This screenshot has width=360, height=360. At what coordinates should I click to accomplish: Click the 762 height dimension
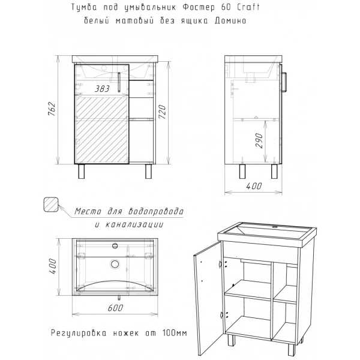click(52, 109)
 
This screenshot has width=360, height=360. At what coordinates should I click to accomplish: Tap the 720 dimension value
click(163, 112)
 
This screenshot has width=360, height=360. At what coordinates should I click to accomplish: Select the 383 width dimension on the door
click(102, 89)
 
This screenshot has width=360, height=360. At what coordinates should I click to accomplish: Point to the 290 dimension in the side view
click(259, 140)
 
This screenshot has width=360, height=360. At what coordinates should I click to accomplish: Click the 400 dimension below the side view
click(254, 186)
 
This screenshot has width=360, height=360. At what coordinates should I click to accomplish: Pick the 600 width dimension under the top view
click(115, 308)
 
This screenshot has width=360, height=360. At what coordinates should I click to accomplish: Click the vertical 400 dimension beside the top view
click(53, 266)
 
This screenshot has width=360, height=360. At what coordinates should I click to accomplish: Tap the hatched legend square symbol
click(51, 205)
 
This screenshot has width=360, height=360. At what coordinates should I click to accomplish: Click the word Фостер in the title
click(199, 7)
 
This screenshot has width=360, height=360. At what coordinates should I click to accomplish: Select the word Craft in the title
click(248, 7)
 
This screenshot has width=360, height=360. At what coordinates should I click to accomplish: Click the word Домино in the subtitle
click(230, 20)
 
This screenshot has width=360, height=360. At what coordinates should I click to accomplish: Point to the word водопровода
click(156, 211)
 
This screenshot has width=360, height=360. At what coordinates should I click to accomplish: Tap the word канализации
click(134, 224)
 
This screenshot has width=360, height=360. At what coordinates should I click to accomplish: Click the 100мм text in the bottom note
click(175, 332)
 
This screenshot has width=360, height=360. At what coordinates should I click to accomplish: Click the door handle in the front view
click(119, 82)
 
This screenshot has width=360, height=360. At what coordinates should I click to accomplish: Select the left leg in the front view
click(81, 171)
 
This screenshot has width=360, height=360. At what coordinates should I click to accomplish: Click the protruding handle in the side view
click(284, 82)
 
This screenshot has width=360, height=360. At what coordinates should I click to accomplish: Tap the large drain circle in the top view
click(115, 264)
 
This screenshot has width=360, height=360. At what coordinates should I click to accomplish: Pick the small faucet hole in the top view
click(115, 246)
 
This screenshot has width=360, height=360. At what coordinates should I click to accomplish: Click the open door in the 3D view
click(208, 298)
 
